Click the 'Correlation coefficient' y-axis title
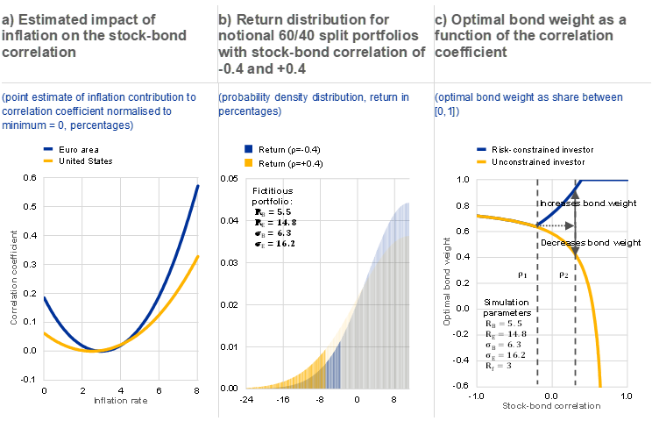click(x=15, y=277)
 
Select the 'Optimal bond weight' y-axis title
click(x=447, y=282)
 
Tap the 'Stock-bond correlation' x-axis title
click(x=552, y=406)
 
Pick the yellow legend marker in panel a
click(x=48, y=161)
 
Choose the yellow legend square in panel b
click(x=249, y=162)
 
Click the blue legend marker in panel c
click(x=482, y=150)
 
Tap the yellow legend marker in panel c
click(x=482, y=162)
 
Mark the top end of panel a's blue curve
click(x=198, y=185)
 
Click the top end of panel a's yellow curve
click(x=198, y=256)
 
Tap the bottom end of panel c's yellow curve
click(x=601, y=384)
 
